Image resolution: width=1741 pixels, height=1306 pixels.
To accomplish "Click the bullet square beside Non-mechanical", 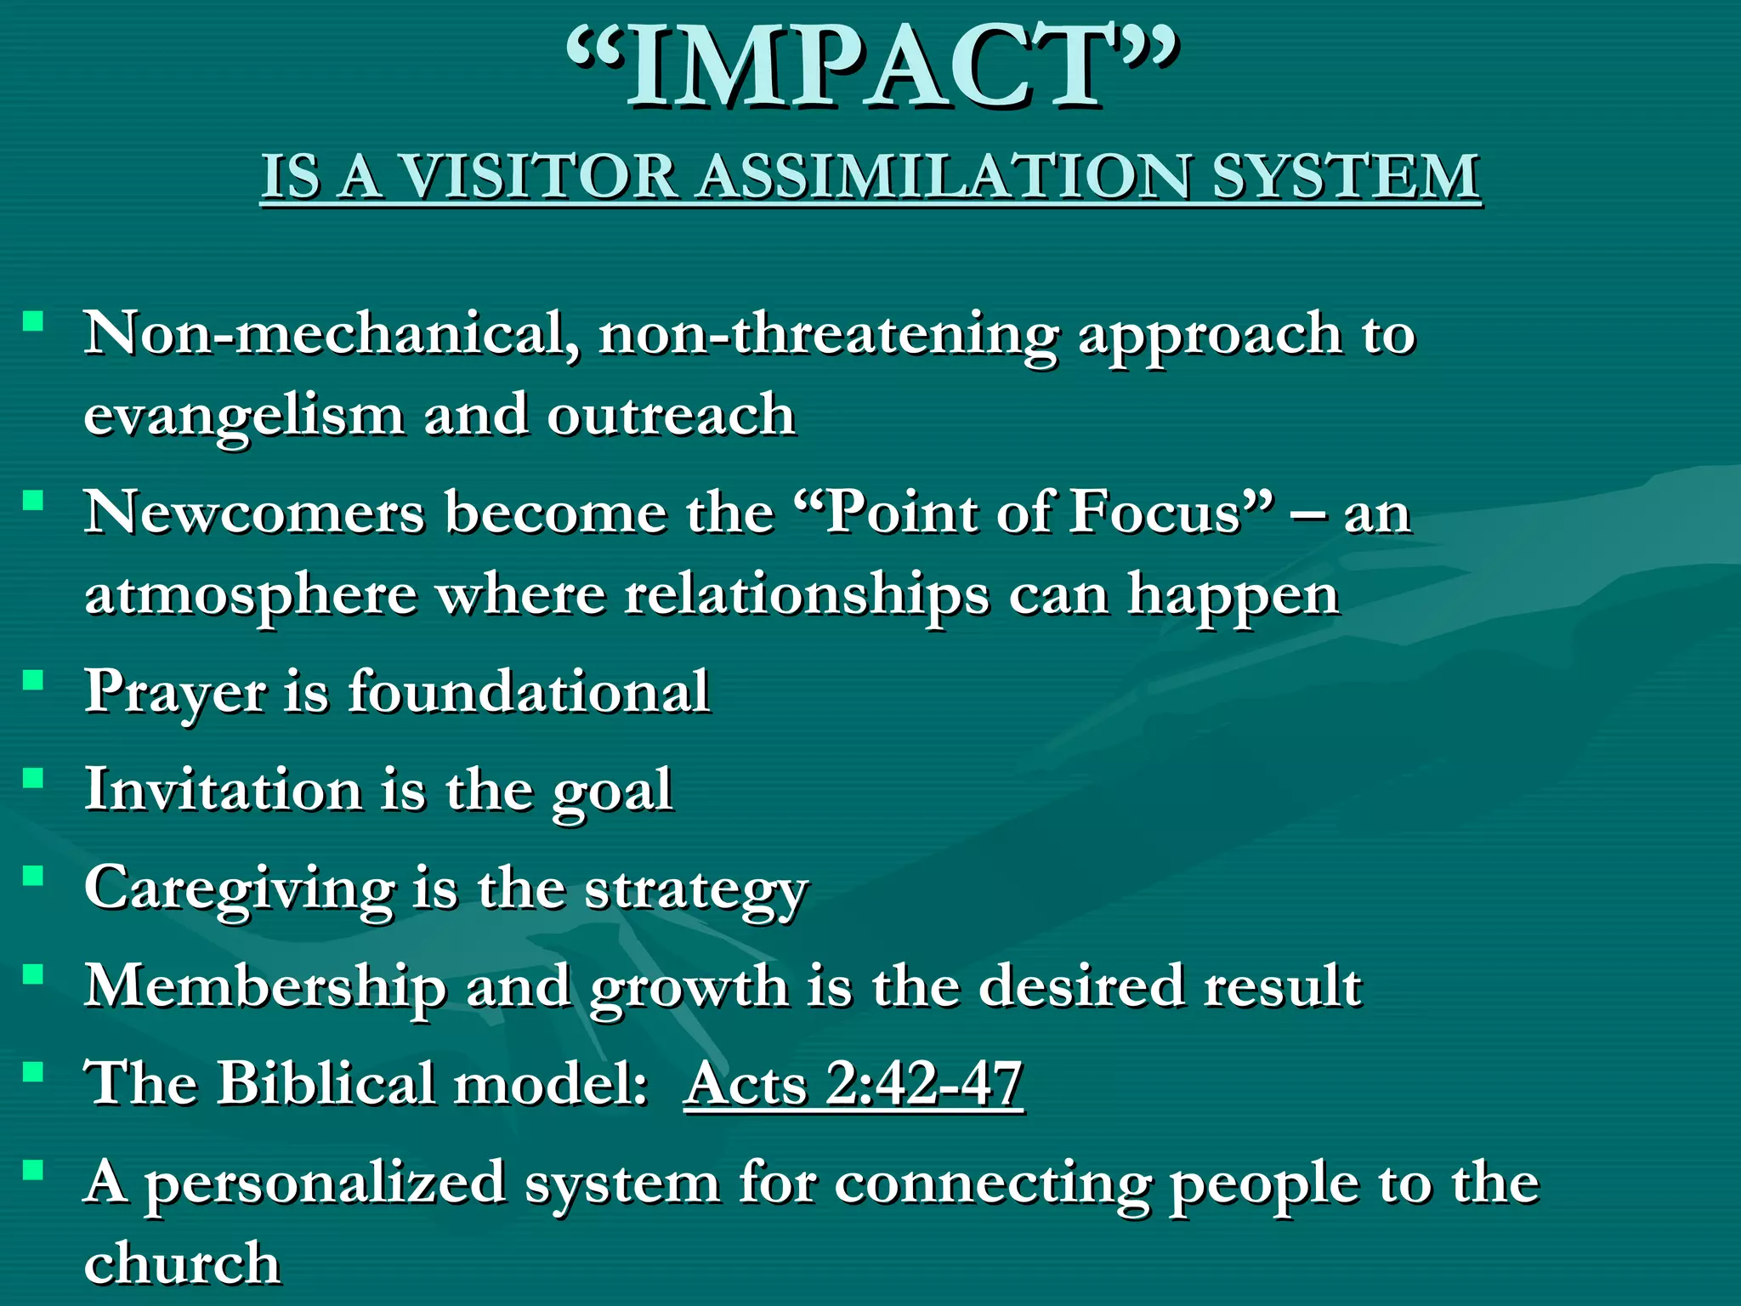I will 33,321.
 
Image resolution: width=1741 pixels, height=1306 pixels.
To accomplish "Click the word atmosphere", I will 251,595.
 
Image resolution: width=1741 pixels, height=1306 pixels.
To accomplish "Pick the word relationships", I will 807,595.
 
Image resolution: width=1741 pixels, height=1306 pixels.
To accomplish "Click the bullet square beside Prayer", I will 33,680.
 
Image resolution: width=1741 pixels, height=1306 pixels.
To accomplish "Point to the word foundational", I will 529,690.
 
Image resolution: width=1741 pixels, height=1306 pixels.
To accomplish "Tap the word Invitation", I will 224,789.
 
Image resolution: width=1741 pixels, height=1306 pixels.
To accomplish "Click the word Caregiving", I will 239,889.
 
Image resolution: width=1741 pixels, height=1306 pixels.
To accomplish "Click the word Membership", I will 264,986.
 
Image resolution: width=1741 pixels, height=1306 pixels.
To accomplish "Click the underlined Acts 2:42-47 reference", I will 853,1085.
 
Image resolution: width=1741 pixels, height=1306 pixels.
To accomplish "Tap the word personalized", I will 325,1184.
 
